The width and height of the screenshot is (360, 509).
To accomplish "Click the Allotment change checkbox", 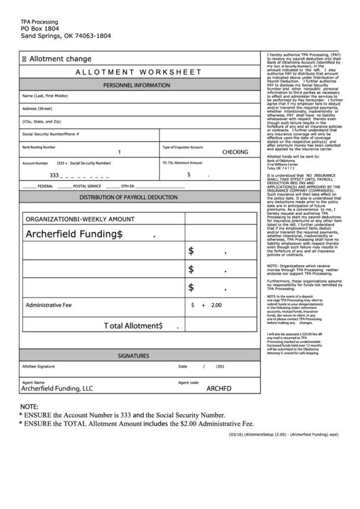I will coord(25,59).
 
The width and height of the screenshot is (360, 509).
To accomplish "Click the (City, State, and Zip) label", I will coord(41,122).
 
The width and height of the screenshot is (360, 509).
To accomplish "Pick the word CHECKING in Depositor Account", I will coord(235,152).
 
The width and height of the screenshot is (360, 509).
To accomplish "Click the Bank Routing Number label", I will coord(39,147).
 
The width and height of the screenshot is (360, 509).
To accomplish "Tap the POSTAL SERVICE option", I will coord(87,186).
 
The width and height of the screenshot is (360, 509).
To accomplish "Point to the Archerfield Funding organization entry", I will coord(74,234).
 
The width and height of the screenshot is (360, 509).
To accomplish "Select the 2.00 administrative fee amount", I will coord(217,305).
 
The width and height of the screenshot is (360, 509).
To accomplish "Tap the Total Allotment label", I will coord(133,326).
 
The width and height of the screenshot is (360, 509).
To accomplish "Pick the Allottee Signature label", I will coord(39,366).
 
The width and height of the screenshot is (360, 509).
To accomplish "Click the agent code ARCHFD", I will coord(219,389).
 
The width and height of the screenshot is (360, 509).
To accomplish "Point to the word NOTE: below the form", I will coord(29,406).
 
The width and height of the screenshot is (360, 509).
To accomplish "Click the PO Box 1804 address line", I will coord(44,29).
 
